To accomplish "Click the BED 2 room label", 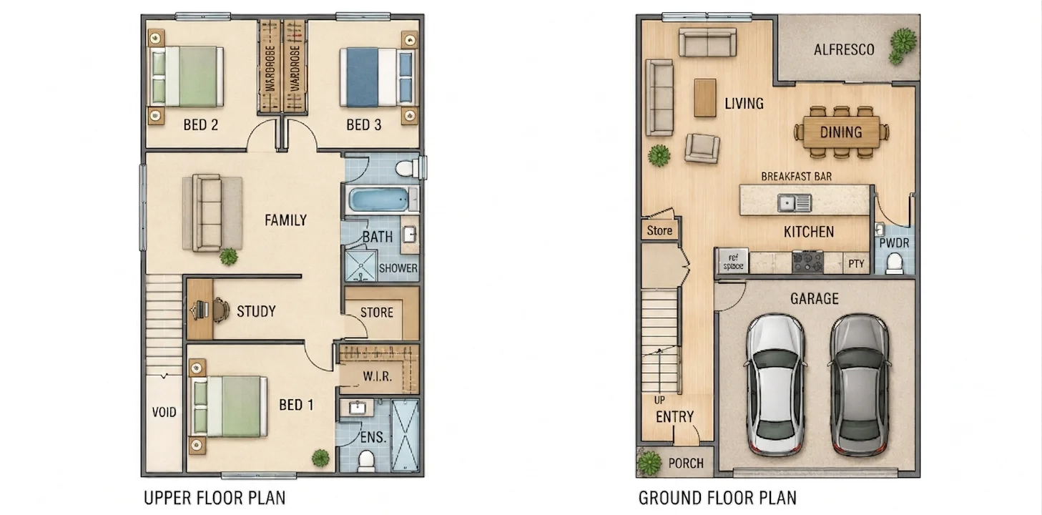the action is tap(200, 124).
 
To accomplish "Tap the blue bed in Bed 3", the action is tap(377, 77).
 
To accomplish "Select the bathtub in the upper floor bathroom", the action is tap(381, 199).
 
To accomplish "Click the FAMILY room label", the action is tap(285, 220).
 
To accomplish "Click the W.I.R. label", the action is tap(378, 376).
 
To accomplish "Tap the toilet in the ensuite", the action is tap(367, 460).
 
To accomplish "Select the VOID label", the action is tap(164, 412).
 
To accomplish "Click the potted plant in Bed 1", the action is tap(320, 458).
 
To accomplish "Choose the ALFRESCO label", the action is tap(844, 50).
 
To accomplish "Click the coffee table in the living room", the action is tap(705, 98).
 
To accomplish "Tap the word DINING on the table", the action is tap(841, 132).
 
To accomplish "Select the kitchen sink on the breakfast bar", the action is tap(795, 203).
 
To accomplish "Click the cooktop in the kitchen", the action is tap(807, 262).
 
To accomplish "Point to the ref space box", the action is tap(733, 262).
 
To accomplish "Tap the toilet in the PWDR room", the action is tap(894, 263).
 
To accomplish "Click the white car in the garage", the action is tap(775, 384).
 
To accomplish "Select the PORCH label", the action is tap(686, 463).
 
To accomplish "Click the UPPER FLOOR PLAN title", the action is tap(215, 498).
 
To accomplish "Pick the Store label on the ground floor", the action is tap(659, 230).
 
